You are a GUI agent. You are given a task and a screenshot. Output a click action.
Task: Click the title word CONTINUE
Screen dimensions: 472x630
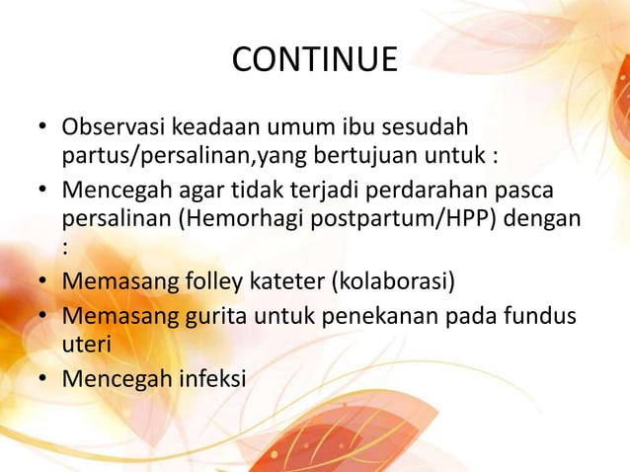coord(314,60)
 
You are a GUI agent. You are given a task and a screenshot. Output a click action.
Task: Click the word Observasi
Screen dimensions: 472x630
coord(115,128)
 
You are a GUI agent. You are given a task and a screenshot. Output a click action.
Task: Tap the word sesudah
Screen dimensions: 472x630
coord(433,128)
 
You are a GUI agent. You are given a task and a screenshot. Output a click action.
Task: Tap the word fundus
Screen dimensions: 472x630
coord(544,317)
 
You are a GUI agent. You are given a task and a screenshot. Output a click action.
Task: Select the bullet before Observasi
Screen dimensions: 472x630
coord(44,130)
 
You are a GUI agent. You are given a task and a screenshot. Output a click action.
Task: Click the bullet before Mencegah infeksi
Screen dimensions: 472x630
coord(44,378)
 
